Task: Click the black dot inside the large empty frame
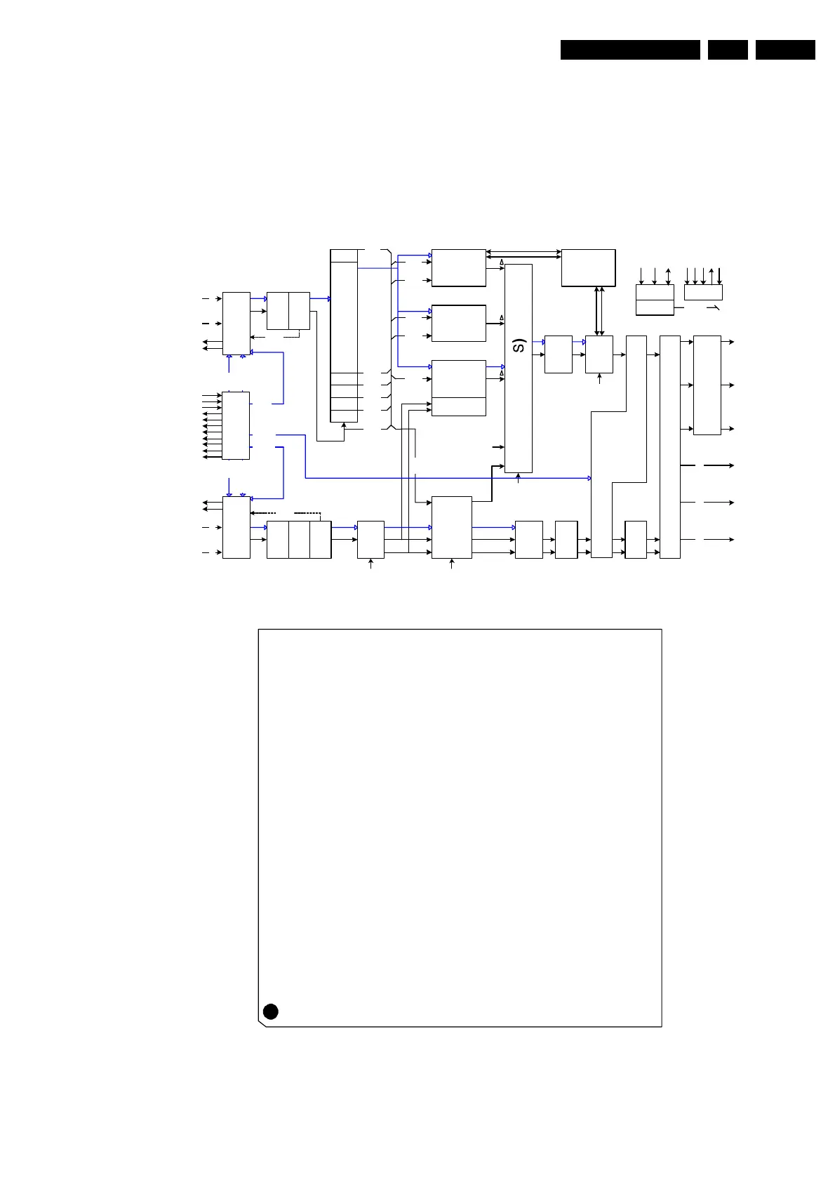click(x=270, y=1011)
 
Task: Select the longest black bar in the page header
click(x=630, y=50)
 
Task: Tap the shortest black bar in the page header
click(x=728, y=50)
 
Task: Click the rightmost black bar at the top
click(x=785, y=50)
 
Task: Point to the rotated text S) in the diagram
click(x=519, y=345)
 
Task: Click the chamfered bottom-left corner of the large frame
click(x=262, y=1023)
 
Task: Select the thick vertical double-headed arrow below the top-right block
click(x=599, y=310)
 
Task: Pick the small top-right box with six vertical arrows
click(x=703, y=292)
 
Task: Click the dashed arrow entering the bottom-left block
click(x=263, y=513)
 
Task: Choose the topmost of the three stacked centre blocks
click(x=458, y=267)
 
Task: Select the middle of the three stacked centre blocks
click(x=458, y=323)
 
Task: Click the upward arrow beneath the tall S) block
click(x=519, y=479)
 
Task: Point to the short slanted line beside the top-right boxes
click(x=712, y=308)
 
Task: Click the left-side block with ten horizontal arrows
click(x=236, y=425)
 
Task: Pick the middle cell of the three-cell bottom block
click(x=299, y=540)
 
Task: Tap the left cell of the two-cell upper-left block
click(x=277, y=311)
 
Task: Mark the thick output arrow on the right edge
click(x=719, y=465)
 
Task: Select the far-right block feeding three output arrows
click(x=707, y=385)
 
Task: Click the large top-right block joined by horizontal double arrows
click(x=588, y=267)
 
